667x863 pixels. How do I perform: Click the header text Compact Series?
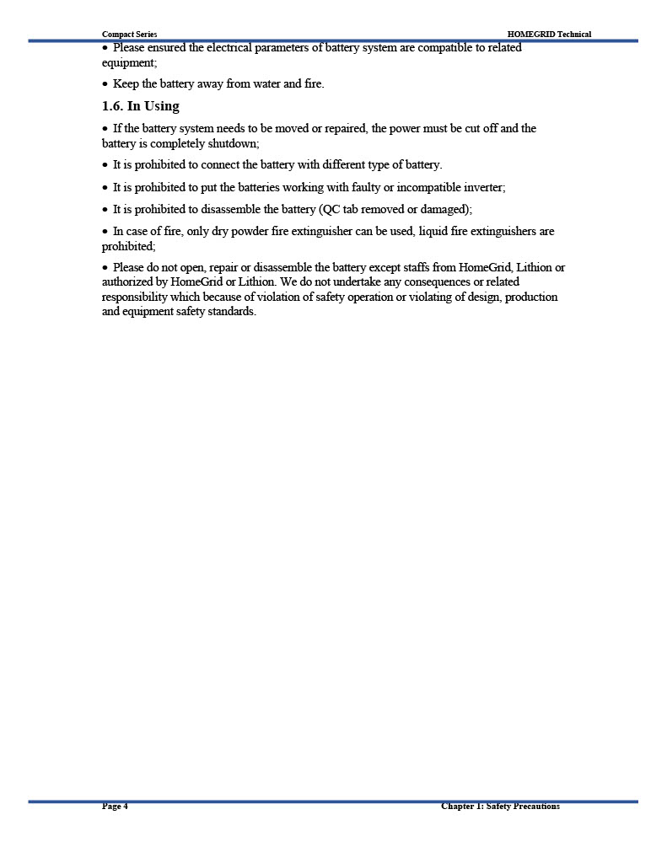coord(129,35)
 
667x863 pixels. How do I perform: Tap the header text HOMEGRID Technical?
coord(549,35)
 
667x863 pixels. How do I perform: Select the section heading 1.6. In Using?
coord(141,106)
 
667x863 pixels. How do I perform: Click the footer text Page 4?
coord(115,807)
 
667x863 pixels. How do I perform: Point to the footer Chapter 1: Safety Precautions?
coord(500,807)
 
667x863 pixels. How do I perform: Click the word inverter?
coord(483,187)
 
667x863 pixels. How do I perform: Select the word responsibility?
coord(134,297)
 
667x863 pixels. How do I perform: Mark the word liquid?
coord(435,231)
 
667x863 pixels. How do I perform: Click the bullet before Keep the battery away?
coord(105,84)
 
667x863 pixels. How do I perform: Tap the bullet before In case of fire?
coord(105,231)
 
